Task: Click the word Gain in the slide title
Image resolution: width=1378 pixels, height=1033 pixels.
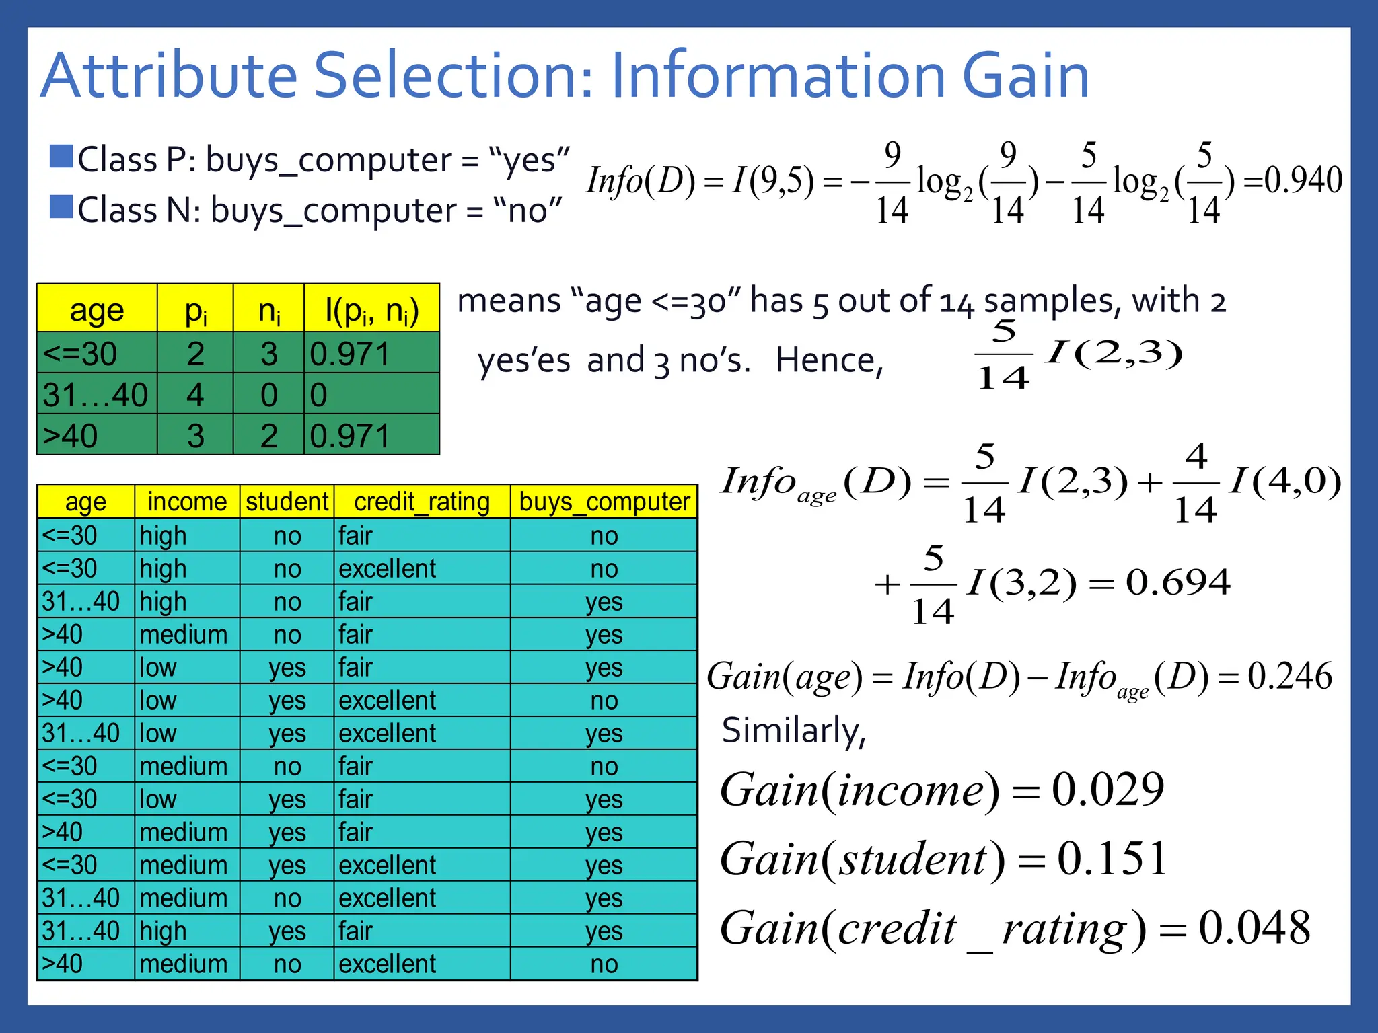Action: pyautogui.click(x=1025, y=75)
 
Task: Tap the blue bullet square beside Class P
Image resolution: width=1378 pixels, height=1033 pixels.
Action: pyautogui.click(x=61, y=157)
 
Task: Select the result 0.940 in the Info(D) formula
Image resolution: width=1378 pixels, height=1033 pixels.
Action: pyautogui.click(x=1303, y=180)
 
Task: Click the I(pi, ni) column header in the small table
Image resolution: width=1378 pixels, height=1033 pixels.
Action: pyautogui.click(x=371, y=311)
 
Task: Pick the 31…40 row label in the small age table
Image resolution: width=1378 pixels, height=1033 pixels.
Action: pyautogui.click(x=96, y=395)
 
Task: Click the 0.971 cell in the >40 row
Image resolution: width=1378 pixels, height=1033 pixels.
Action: pyautogui.click(x=350, y=436)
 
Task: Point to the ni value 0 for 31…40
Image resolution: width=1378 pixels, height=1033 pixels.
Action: pyautogui.click(x=268, y=395)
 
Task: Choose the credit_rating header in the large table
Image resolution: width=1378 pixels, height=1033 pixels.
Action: pyautogui.click(x=422, y=502)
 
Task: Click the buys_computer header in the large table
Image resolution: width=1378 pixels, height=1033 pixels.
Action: pyautogui.click(x=604, y=502)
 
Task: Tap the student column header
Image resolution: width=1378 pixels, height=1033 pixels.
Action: pyautogui.click(x=287, y=502)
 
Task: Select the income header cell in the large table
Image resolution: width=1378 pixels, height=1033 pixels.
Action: pyautogui.click(x=187, y=502)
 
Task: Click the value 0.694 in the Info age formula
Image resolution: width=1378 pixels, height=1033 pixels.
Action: pyautogui.click(x=1178, y=582)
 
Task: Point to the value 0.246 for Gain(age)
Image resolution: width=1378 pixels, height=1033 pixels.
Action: pyautogui.click(x=1289, y=676)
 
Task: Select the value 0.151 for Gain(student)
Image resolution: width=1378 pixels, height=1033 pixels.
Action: pyautogui.click(x=1112, y=859)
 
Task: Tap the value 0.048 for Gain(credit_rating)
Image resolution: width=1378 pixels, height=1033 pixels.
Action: pyautogui.click(x=1254, y=928)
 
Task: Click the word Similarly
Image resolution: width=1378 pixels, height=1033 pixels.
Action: pyautogui.click(x=793, y=730)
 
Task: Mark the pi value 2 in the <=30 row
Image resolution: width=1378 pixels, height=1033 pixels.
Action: pyautogui.click(x=195, y=354)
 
